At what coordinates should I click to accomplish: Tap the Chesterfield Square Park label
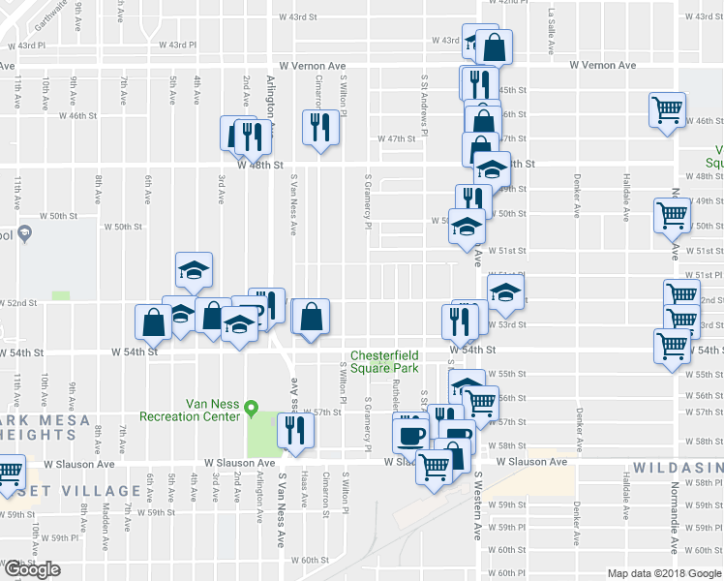pyautogui.click(x=384, y=361)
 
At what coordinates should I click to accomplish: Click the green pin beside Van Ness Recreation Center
pyautogui.click(x=253, y=407)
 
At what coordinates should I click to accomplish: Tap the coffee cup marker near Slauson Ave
pyautogui.click(x=409, y=431)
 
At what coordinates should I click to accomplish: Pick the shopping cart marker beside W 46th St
pyautogui.click(x=668, y=110)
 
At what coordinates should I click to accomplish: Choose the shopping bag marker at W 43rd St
pyautogui.click(x=494, y=46)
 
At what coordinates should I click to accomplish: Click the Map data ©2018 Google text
pyautogui.click(x=664, y=573)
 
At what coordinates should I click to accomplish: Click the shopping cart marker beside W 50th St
pyautogui.click(x=672, y=215)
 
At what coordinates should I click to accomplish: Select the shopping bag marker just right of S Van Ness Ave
pyautogui.click(x=311, y=318)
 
